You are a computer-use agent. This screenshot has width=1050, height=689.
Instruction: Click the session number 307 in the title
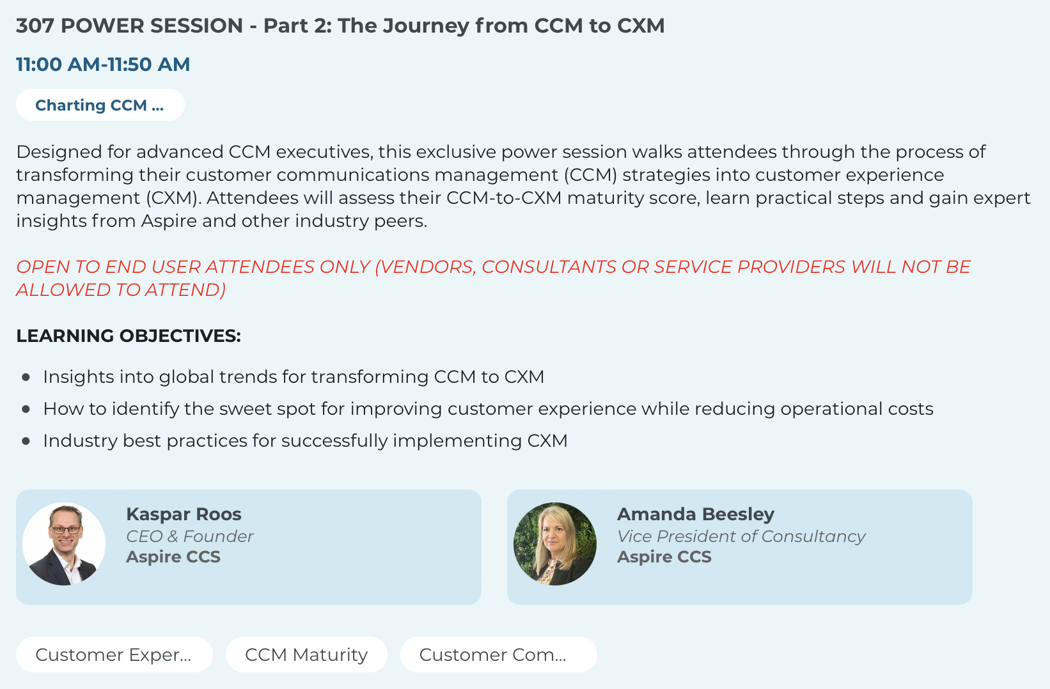tap(35, 26)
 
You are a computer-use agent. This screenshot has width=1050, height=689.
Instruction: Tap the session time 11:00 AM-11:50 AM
tap(103, 64)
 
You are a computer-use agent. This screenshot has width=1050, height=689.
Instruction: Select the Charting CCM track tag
tap(100, 105)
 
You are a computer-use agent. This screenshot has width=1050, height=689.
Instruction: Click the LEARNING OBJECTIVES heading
tap(129, 336)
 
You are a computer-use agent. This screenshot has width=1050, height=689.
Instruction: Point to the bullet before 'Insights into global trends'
tap(26, 377)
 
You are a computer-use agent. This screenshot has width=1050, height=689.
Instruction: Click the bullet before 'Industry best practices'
tap(26, 441)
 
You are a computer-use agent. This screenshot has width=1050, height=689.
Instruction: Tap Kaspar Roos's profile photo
tap(64, 544)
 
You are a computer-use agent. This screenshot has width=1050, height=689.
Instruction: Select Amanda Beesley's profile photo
tap(555, 544)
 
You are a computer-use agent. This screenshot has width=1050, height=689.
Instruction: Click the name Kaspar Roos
tap(184, 515)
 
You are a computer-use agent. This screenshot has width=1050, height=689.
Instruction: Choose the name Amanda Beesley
tap(696, 515)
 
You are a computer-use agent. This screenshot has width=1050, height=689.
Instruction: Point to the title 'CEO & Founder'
tap(190, 536)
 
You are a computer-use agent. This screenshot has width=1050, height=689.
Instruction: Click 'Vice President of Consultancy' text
tap(741, 536)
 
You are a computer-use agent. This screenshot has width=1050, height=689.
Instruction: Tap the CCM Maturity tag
tap(306, 654)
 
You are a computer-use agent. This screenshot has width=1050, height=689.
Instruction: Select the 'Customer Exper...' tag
tap(114, 654)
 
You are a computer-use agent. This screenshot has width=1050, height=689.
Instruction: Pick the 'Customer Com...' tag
tap(499, 654)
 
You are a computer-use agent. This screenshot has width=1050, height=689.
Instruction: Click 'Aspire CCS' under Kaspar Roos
tap(173, 557)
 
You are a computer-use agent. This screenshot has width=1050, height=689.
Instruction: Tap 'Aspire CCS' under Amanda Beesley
tap(664, 557)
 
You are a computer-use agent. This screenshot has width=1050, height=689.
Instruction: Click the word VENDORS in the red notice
tap(426, 267)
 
